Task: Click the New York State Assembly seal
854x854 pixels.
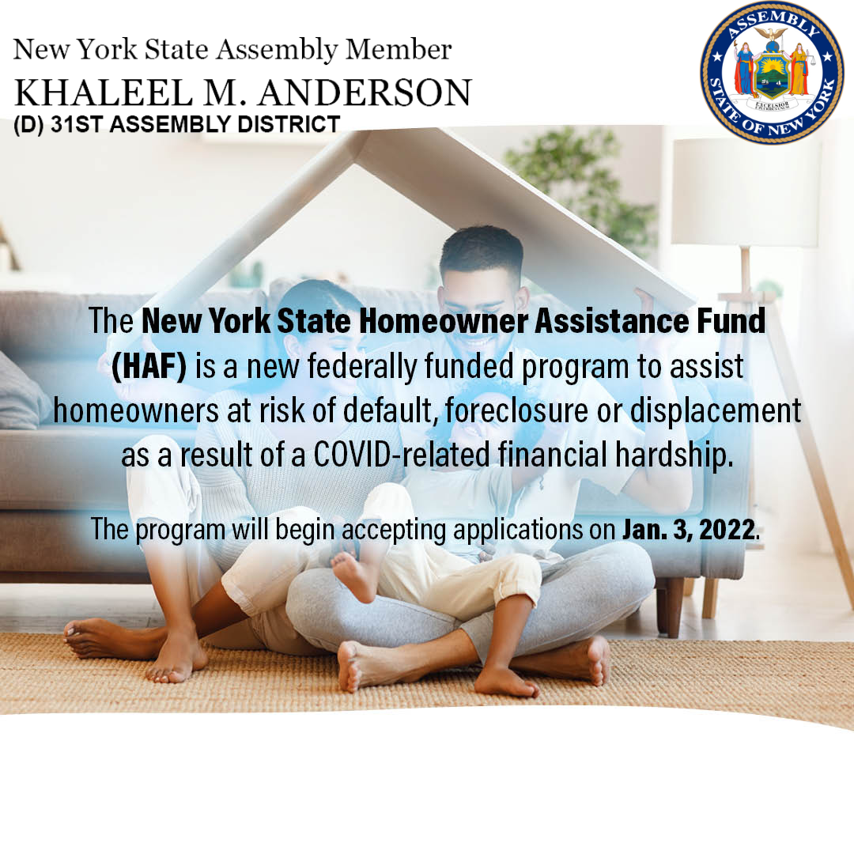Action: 772,73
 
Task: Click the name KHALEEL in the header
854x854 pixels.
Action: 104,93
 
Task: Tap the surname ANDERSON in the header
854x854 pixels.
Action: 365,93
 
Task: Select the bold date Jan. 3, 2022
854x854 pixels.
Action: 689,529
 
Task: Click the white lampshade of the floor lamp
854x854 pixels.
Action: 746,191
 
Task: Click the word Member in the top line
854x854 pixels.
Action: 398,49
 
